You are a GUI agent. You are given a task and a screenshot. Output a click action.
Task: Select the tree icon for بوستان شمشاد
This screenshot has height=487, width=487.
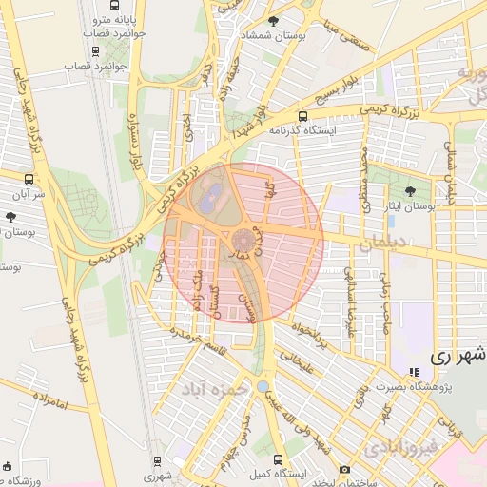pyautogui.click(x=274, y=20)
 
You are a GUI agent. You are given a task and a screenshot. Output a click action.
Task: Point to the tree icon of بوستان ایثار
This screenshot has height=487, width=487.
pyautogui.click(x=410, y=190)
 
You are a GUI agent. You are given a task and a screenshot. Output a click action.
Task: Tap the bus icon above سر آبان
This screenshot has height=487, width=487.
pyautogui.click(x=29, y=178)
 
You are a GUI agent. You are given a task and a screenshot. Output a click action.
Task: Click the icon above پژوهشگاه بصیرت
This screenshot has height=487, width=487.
pyautogui.click(x=414, y=372)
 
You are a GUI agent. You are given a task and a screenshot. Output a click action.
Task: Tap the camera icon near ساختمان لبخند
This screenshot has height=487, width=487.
pyautogui.click(x=344, y=470)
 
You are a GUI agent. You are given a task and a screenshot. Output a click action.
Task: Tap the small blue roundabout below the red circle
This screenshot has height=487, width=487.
pyautogui.click(x=263, y=387)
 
